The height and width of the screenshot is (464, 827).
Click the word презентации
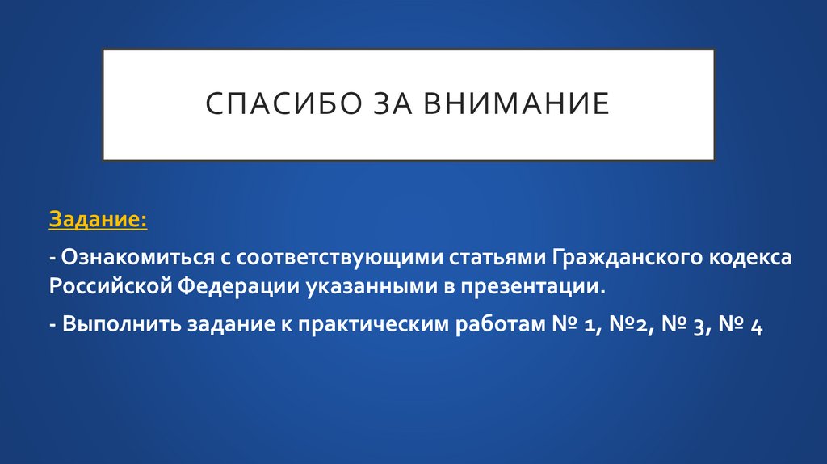[x=534, y=287]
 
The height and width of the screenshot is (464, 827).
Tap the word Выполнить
[x=120, y=326]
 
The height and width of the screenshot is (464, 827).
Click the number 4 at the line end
[x=756, y=327]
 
